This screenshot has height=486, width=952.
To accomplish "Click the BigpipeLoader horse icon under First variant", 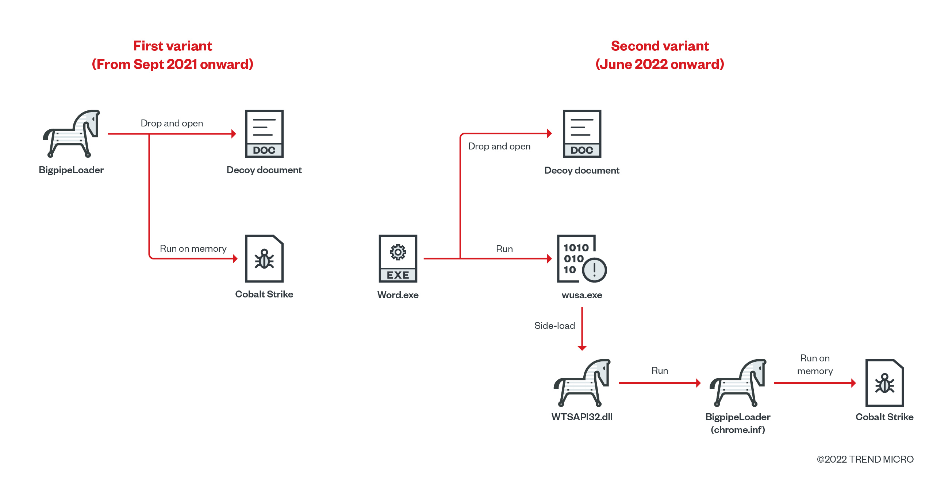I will click(x=72, y=133).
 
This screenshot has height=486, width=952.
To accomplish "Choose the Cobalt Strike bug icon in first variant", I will click(x=264, y=259).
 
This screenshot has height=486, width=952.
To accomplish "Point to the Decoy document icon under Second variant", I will click(x=582, y=133).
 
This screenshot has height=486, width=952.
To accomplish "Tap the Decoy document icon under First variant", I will click(x=264, y=133).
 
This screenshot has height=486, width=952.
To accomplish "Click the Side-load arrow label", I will click(x=554, y=326).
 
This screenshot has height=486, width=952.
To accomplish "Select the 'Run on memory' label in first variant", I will click(x=193, y=248).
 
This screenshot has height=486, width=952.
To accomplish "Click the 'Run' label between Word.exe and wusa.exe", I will click(x=504, y=249).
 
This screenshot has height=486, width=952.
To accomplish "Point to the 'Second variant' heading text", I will click(x=660, y=46).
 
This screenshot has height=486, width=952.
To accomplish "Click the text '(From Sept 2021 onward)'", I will click(x=173, y=64).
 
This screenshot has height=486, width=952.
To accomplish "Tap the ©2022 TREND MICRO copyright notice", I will click(x=865, y=459).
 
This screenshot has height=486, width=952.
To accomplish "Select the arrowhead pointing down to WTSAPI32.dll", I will click(x=582, y=348).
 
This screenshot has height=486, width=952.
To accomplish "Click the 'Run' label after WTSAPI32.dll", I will click(x=660, y=371).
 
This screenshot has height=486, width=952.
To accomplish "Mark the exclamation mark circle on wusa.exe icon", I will click(x=594, y=270).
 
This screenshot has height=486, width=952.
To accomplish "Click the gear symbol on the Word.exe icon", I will click(x=398, y=252).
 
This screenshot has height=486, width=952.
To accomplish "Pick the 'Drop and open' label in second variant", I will click(x=499, y=146).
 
